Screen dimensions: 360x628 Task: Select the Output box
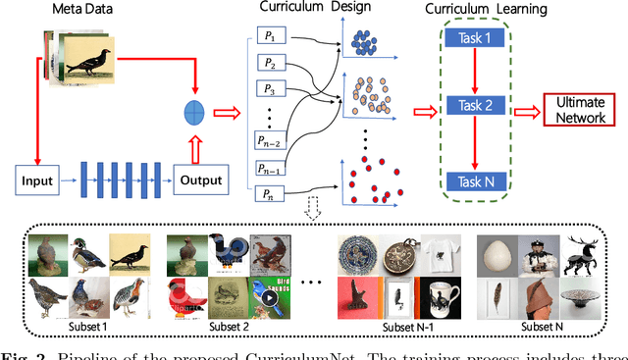coord(200,180)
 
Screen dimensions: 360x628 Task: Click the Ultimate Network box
coord(578,109)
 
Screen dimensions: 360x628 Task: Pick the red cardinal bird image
coord(183,295)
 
